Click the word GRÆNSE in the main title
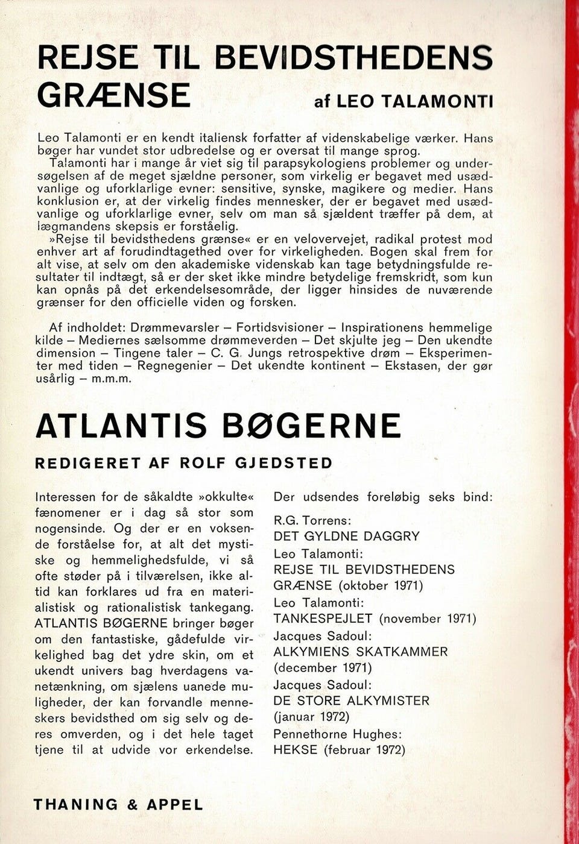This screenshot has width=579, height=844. (113, 95)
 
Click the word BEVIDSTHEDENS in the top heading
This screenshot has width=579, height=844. (353, 58)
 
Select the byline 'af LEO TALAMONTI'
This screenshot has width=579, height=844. (403, 101)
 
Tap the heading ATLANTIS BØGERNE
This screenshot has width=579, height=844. (218, 426)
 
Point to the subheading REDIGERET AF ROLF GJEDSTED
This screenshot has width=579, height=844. (184, 463)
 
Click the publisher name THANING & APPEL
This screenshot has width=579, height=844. (118, 804)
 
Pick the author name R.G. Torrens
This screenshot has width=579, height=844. (312, 520)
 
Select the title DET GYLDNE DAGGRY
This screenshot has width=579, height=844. (346, 536)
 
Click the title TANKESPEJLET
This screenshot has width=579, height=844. (323, 619)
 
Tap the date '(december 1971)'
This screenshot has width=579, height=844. (323, 668)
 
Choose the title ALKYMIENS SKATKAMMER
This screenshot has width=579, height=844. (361, 652)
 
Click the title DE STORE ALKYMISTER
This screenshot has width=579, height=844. (352, 701)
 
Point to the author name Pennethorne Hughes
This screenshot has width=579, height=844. (338, 734)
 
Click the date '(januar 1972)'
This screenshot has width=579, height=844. (311, 717)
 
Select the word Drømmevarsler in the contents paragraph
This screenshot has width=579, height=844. (175, 328)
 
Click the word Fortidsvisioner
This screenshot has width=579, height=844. (280, 328)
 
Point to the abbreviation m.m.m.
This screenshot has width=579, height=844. (111, 379)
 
